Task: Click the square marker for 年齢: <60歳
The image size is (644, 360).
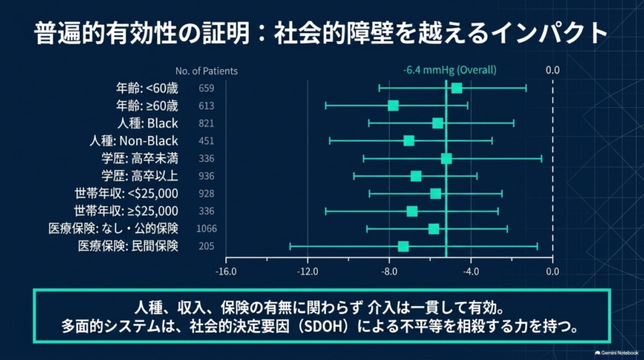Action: coord(456,88)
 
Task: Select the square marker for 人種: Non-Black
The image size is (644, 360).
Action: coord(409,141)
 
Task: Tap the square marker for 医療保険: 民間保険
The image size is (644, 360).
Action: coord(403,246)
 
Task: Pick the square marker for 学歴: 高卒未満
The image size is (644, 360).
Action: coord(447,159)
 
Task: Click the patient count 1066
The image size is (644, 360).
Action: coord(206,229)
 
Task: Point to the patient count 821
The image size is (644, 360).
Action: coord(206,123)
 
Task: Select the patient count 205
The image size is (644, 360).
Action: coord(206,246)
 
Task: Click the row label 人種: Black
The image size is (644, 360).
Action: coord(148,123)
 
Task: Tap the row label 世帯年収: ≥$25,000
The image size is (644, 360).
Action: coord(126,211)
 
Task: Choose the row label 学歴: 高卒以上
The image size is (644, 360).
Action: coord(140,176)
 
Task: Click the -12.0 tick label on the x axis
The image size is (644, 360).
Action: coord(308,271)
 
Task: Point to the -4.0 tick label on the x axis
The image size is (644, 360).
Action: coord(471,271)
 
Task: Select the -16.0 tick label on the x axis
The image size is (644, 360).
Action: coord(226,271)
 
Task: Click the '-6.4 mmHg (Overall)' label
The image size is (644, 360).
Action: coord(450,70)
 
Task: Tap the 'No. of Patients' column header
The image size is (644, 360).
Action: coord(207,71)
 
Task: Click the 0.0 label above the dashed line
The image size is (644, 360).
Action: coord(552,70)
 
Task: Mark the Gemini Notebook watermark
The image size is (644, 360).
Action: coord(617,353)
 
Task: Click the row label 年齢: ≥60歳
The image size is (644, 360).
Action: coord(147,106)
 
